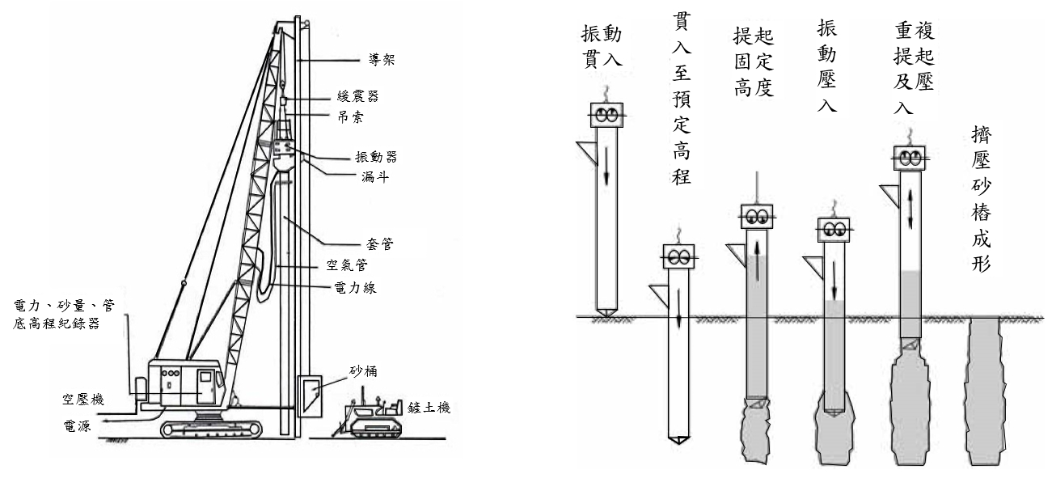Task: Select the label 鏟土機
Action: point(429,408)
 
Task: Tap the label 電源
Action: point(78,422)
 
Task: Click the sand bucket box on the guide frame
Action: point(310,395)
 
